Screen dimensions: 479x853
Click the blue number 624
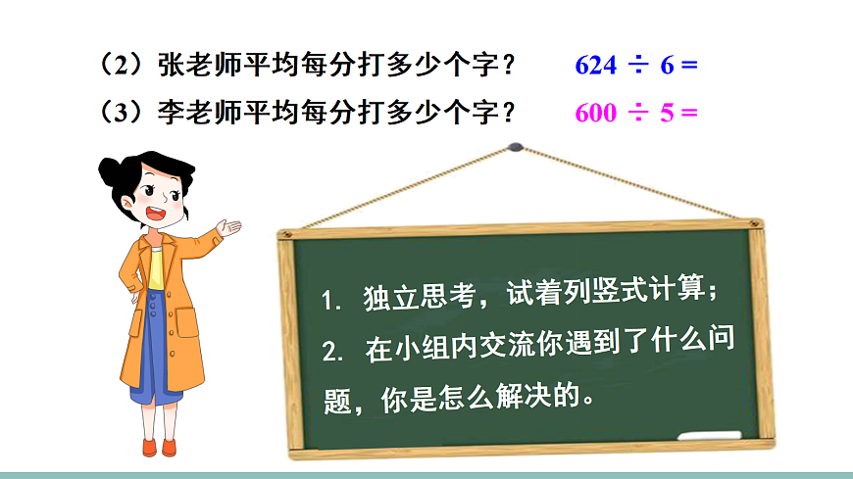(x=596, y=66)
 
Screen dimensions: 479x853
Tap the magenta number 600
(x=596, y=112)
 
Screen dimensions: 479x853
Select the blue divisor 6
(x=668, y=66)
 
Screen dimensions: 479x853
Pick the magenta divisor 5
(x=668, y=112)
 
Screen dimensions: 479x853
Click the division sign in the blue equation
(x=638, y=66)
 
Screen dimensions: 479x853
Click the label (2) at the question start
(x=123, y=66)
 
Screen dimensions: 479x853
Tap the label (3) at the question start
(x=123, y=112)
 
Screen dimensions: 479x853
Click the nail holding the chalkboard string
(x=517, y=148)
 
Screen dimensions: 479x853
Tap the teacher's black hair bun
(x=110, y=172)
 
